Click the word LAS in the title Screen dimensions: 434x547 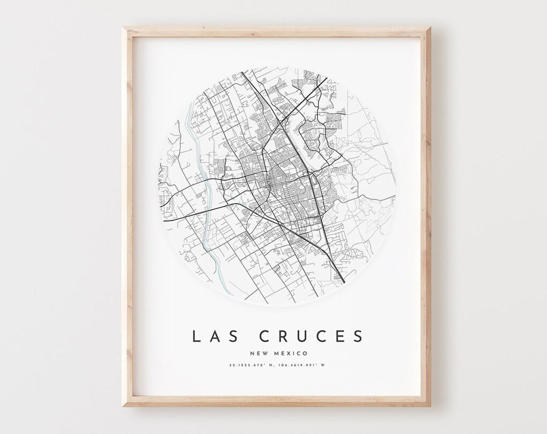213,336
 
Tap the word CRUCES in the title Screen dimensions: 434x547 311,336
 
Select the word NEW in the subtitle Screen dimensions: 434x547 258,353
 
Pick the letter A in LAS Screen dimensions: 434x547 213,336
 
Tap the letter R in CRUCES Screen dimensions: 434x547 282,336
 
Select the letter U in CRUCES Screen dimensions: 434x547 302,336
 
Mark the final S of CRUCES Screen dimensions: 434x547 358,336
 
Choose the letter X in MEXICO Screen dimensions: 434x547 289,353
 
